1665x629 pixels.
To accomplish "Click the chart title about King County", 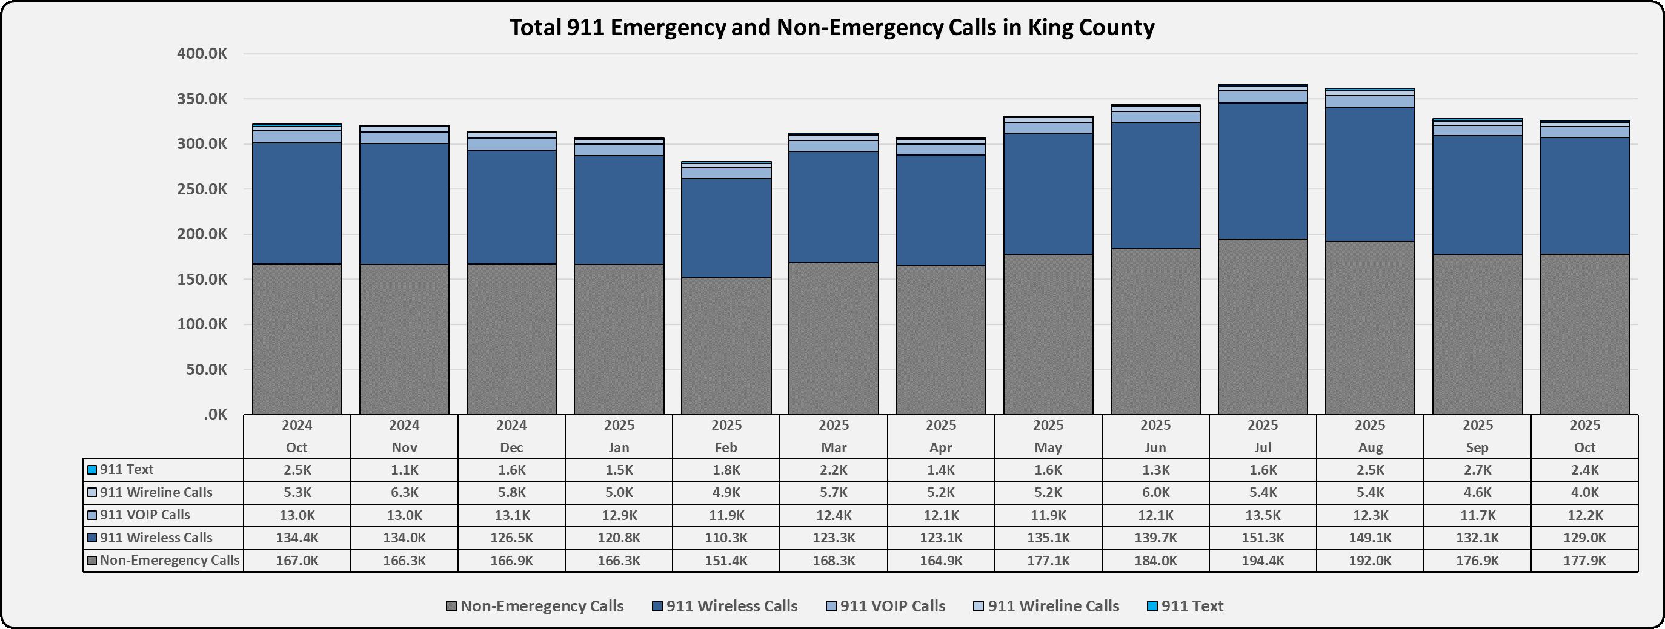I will [x=832, y=28].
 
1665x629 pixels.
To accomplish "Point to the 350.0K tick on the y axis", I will [x=202, y=99].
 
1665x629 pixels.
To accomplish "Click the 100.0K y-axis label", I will [x=202, y=324].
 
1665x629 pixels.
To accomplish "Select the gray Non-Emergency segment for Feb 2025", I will [x=726, y=346].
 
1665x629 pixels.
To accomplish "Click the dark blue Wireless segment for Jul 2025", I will [x=1262, y=171].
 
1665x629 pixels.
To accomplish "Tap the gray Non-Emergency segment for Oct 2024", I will [x=297, y=339].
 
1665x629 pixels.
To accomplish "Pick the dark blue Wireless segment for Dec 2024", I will [x=511, y=206].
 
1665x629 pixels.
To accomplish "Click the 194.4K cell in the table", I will [x=1262, y=561].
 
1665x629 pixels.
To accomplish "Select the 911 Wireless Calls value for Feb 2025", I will [x=726, y=538].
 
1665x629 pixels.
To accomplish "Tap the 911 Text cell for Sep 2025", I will [x=1477, y=470].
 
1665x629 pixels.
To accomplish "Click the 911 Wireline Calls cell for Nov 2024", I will [x=404, y=493].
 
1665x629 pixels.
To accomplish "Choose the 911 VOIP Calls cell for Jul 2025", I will [x=1262, y=515].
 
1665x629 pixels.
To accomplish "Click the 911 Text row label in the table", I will [x=127, y=470].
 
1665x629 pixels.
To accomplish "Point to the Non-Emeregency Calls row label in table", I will [x=169, y=561].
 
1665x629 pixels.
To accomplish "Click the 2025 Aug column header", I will [x=1369, y=436].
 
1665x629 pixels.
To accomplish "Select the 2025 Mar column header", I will [x=833, y=436].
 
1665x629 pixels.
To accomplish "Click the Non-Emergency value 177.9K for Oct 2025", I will [x=1584, y=561].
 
